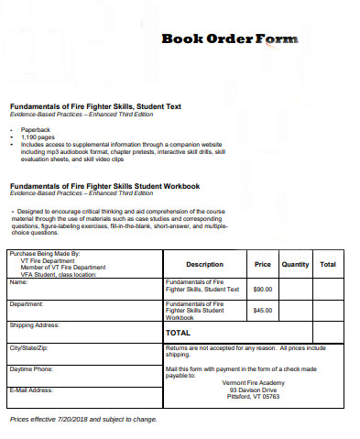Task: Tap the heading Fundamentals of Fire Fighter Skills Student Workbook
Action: (104, 186)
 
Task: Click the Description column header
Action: (204, 264)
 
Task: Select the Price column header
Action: (262, 264)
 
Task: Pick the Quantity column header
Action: (295, 264)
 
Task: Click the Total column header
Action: (327, 264)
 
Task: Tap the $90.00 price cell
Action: (263, 289)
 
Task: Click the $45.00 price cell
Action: (263, 310)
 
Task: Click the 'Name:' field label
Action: (19, 281)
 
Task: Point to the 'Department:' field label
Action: (27, 303)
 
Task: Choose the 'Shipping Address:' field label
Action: (34, 325)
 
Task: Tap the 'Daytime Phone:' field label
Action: (31, 369)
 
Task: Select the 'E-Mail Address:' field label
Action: (32, 390)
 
